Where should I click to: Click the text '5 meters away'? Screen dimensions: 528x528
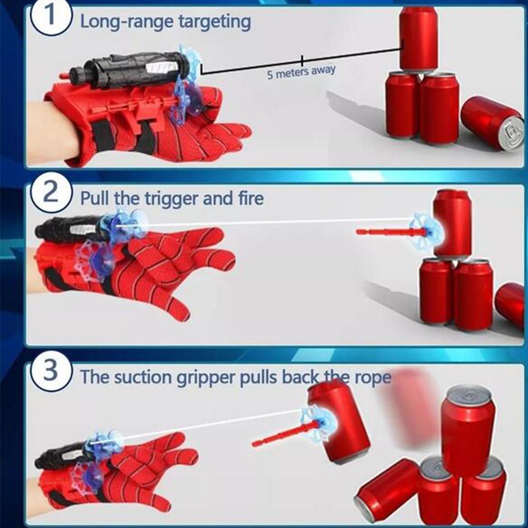[301, 72]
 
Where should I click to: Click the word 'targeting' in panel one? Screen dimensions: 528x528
[214, 22]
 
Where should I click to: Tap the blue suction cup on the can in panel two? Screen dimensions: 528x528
[426, 230]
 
